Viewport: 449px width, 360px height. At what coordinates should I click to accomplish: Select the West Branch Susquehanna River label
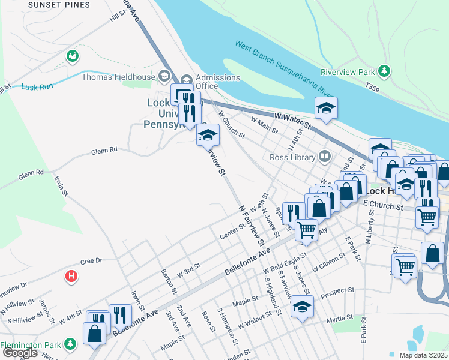[x=285, y=68]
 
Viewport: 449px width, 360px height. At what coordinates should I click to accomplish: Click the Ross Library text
[x=292, y=158]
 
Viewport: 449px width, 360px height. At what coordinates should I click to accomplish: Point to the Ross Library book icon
[x=325, y=157]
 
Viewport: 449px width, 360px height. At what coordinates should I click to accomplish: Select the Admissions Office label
[x=218, y=82]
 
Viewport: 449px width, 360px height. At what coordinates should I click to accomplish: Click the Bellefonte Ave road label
[x=247, y=262]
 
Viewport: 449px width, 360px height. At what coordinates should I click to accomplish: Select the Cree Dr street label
[x=92, y=261]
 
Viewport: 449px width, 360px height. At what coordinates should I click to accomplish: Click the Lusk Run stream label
[x=37, y=87]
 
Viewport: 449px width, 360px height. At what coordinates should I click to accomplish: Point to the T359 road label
[x=373, y=88]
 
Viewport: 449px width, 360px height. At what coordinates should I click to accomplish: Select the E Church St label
[x=382, y=206]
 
